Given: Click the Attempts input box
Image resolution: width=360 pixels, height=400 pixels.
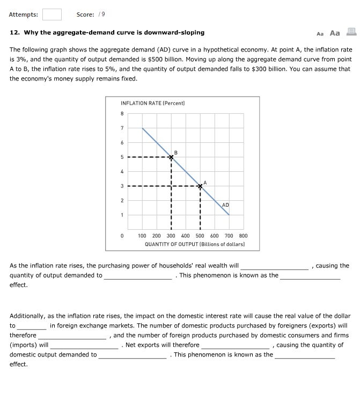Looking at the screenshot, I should coord(52,14).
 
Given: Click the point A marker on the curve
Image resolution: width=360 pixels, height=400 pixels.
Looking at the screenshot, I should coord(200,186).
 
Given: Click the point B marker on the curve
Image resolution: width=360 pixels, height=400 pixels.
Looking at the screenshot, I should coord(171,157).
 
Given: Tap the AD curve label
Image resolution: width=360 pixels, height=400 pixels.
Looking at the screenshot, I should coord(225,205).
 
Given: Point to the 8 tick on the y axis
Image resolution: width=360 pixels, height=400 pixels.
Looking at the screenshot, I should coord(122,113).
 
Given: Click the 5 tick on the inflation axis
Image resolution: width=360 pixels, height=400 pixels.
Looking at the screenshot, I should coord(122,157).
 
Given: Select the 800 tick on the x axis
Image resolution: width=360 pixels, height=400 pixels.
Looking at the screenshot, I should coord(243,235).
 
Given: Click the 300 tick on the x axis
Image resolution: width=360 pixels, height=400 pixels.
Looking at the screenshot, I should coord(171,235).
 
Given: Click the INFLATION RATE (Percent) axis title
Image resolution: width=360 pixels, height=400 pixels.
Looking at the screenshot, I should coord(152,103).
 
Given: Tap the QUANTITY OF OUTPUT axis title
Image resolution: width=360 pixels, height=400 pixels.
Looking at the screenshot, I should coord(195,244).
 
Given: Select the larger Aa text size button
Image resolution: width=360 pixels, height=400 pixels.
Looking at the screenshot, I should coord(335,33).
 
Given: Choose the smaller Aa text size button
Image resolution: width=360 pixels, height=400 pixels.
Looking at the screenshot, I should coord(320,33).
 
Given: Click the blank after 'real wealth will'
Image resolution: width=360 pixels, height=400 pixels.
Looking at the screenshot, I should coord(274,266).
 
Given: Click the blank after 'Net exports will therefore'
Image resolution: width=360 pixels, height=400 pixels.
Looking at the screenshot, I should coord(236,346).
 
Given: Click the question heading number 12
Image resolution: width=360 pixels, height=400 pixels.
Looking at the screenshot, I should coord(14,33).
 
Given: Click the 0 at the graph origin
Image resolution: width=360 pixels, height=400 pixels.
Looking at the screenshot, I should coord(122,235).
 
